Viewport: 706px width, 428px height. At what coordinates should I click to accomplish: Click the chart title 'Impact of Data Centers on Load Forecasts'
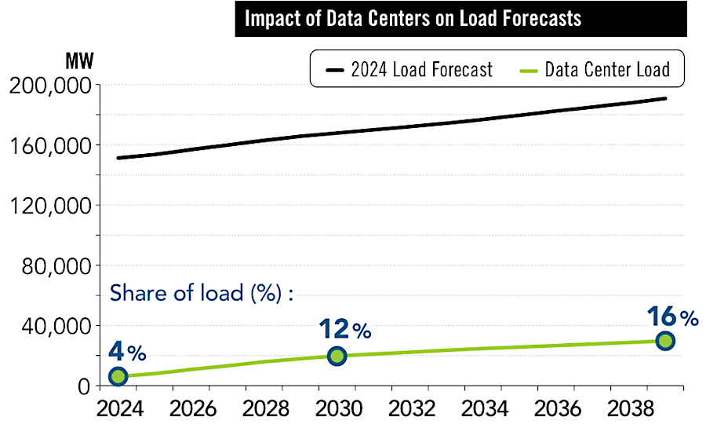coord(413,18)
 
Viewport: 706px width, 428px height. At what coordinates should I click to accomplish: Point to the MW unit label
coord(72,60)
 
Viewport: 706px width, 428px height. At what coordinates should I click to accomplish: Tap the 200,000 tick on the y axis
coord(50,86)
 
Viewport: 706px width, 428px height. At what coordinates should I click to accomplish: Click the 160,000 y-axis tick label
coord(50,145)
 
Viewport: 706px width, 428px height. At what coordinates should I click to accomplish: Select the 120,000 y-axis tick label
coord(50,206)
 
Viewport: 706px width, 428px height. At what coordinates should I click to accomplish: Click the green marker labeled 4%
coord(118,376)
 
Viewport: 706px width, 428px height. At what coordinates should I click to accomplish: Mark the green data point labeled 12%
coord(337,356)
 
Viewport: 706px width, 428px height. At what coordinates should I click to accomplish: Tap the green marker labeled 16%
coord(665,341)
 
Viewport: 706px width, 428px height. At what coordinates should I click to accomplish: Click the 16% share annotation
coord(672,317)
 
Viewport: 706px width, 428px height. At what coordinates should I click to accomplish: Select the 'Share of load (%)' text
coord(201,294)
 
